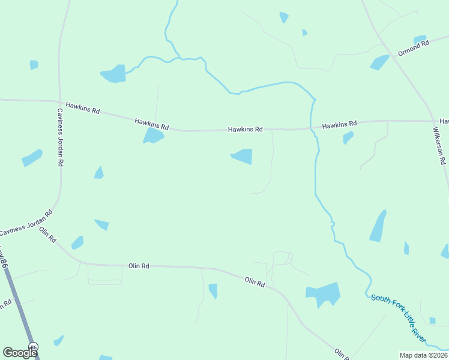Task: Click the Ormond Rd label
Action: coord(414,48)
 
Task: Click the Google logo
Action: coord(20,353)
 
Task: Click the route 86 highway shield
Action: coord(34,347)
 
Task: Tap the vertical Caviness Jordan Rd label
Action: coord(61,137)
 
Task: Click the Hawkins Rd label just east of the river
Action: coord(339,125)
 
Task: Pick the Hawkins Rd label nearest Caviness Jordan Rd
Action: coord(83,107)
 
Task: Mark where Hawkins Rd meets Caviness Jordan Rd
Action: coord(59,101)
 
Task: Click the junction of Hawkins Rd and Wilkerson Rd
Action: coord(433,121)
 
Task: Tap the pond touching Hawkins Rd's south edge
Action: coord(152,136)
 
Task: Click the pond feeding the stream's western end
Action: coord(113,74)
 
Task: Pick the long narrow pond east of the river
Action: coord(378,226)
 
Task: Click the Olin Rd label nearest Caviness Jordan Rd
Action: coord(48,235)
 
